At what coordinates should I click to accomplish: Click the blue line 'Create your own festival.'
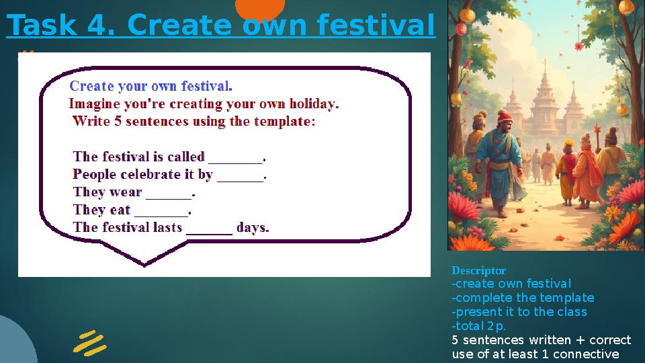[151, 86]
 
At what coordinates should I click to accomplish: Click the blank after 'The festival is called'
[235, 159]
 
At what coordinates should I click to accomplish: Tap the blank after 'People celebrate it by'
[240, 176]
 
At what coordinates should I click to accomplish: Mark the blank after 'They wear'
[169, 194]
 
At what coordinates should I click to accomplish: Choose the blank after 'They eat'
[161, 211]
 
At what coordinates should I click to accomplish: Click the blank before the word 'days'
[209, 229]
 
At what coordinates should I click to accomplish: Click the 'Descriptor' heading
[478, 270]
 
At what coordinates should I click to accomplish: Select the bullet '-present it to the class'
[519, 312]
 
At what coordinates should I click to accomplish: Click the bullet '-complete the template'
[523, 298]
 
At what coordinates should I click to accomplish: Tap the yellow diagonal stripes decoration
[90, 343]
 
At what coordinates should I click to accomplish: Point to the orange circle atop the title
[260, 9]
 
